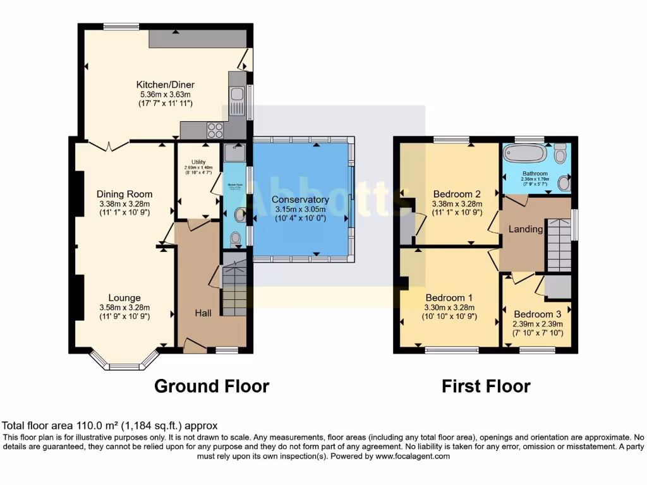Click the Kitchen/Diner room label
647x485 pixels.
point(165,85)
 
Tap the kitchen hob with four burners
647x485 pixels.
point(215,129)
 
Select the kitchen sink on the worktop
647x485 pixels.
point(238,95)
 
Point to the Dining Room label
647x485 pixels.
point(124,194)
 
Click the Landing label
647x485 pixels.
point(526,229)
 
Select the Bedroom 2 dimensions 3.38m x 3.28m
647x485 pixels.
point(457,204)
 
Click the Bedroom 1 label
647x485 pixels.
point(449,298)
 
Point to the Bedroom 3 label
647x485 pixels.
point(537,314)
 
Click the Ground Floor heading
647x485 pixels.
point(212,386)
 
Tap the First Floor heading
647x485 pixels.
point(486,386)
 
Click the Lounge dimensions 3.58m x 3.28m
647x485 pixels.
point(124,308)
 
